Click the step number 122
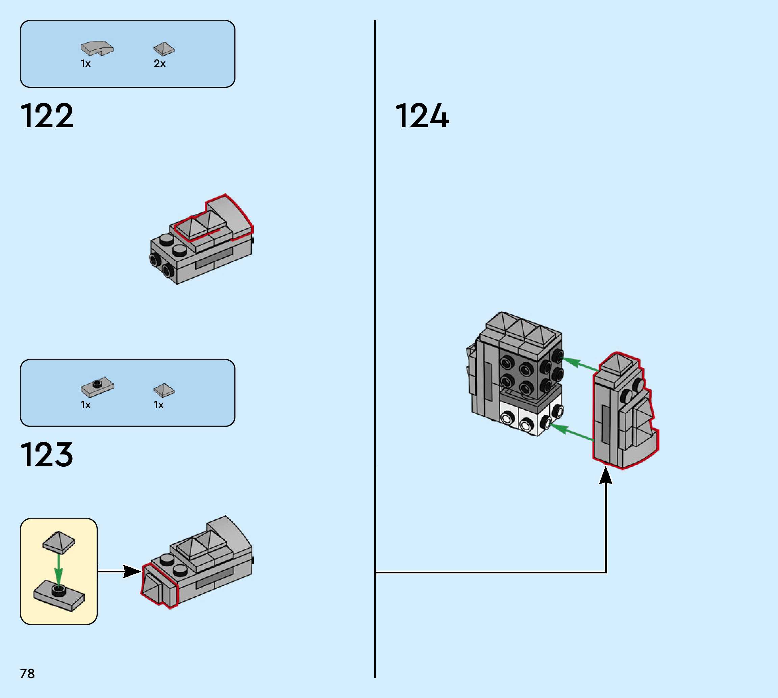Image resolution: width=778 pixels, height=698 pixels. click(47, 116)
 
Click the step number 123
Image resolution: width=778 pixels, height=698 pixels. click(47, 455)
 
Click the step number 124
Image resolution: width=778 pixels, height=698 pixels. click(422, 116)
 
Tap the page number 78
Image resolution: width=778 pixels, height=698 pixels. click(27, 673)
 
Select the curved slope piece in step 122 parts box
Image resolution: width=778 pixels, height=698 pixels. click(97, 48)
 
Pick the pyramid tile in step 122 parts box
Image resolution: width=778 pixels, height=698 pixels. click(164, 49)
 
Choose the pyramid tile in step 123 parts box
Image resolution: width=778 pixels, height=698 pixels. click(164, 390)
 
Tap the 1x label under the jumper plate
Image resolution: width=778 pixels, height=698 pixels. click(85, 405)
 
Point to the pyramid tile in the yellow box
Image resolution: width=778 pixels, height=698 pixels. click(59, 542)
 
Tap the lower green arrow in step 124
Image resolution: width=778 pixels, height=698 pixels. click(571, 432)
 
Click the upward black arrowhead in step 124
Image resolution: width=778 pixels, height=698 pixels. click(606, 475)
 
